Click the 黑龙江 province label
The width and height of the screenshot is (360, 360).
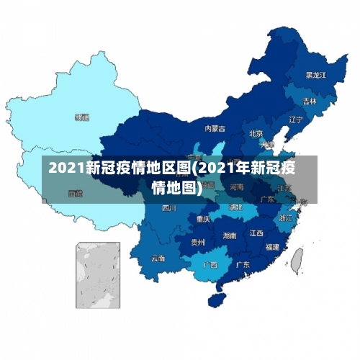click(315, 75)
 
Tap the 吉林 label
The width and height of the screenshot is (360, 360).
click(310, 102)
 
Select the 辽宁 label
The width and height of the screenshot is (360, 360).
click(295, 120)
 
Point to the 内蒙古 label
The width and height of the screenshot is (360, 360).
click(215, 129)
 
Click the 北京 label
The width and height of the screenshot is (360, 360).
click(256, 133)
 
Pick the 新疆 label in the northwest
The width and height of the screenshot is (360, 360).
click(82, 117)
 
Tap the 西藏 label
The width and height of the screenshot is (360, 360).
click(75, 193)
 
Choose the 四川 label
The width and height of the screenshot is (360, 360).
click(169, 208)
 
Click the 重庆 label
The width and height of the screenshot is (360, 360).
click(203, 219)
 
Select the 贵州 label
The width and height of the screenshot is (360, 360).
click(197, 243)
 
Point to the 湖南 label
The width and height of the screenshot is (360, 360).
click(230, 235)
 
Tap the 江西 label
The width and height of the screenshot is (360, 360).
click(256, 233)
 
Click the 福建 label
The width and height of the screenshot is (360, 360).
click(272, 246)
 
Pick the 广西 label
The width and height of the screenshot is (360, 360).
click(210, 264)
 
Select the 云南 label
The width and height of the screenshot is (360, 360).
click(158, 258)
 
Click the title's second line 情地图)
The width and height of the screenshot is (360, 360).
click(179, 188)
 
